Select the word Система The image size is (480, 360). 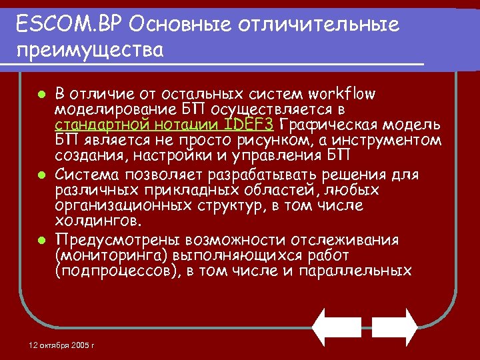pyautogui.click(x=87, y=175)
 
